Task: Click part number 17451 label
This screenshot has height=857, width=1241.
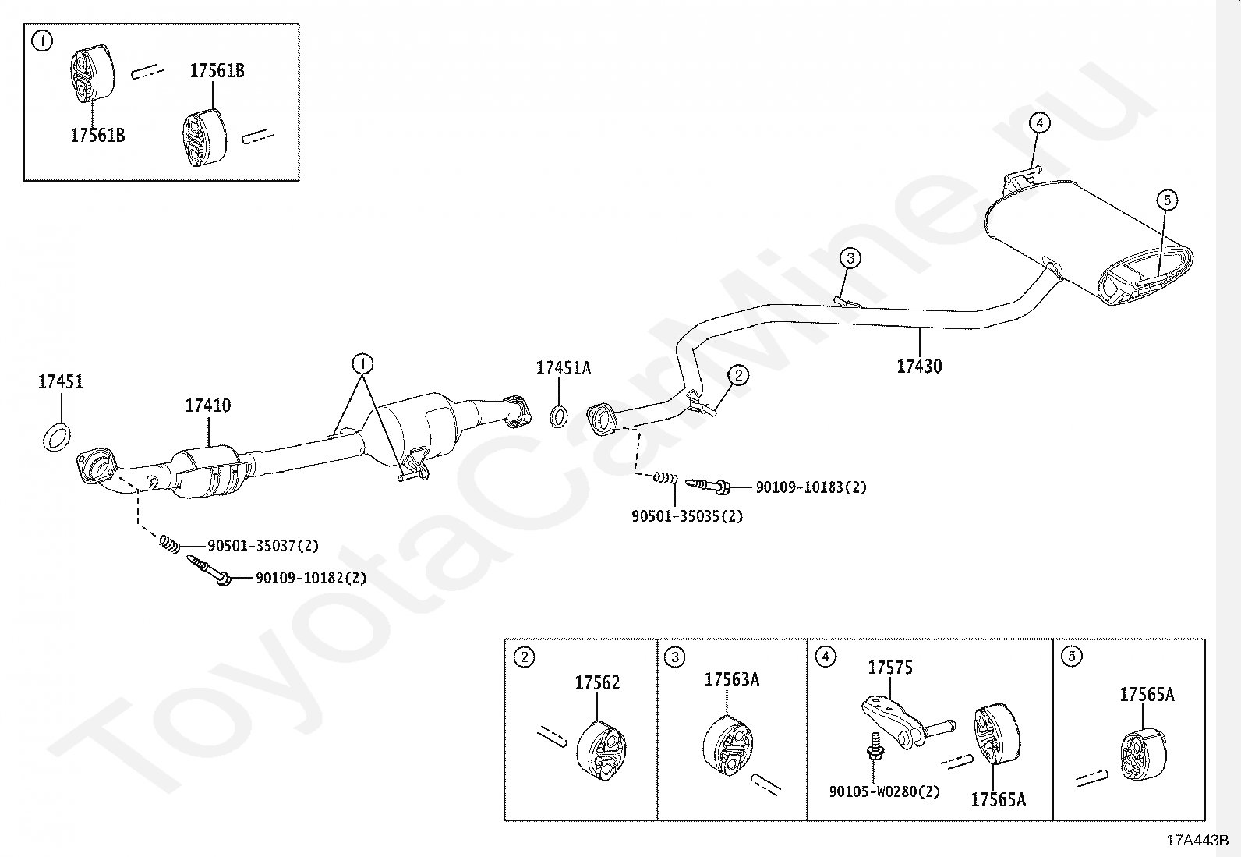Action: point(60,382)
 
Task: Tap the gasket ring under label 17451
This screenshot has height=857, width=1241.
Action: point(56,437)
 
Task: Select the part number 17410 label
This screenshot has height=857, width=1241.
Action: point(207,405)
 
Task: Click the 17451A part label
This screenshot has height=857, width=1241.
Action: point(563,368)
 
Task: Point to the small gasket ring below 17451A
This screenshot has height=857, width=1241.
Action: point(559,416)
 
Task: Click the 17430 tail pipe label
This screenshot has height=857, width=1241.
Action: point(919,367)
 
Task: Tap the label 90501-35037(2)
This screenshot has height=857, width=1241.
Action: point(263,546)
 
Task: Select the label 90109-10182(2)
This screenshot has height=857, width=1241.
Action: point(310,579)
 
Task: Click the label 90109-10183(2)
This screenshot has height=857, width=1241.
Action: point(811,487)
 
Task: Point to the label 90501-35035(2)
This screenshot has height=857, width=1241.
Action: point(687,516)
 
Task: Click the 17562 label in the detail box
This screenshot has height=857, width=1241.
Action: point(597,683)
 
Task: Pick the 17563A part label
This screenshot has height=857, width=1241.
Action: point(731,680)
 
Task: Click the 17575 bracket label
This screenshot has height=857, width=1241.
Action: point(890,668)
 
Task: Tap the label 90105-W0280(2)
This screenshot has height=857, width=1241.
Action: point(884,791)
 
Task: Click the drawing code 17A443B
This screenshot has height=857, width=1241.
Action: point(1197,841)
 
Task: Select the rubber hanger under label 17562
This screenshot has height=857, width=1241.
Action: point(601,750)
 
